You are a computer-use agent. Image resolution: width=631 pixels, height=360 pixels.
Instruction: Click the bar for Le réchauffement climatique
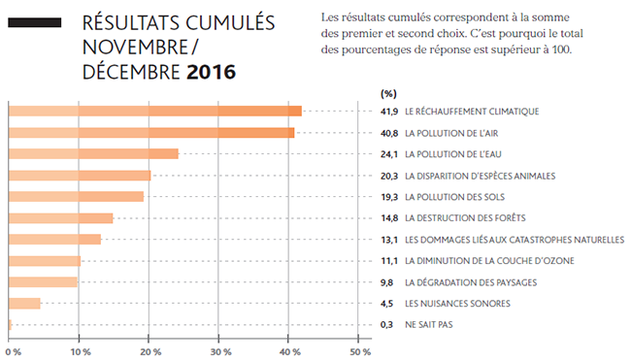pos(155,111)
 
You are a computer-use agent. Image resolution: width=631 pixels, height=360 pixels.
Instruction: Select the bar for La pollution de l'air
pos(151,133)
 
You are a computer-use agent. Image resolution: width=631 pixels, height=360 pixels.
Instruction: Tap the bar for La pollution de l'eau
pos(93,153)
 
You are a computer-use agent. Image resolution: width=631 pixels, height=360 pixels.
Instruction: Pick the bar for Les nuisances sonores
pos(24,304)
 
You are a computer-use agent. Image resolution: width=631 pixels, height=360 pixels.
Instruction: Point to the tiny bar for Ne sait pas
pos(10,325)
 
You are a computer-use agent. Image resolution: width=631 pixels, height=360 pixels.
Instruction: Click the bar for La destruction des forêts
pos(61,218)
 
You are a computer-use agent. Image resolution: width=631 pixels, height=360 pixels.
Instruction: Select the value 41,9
pos(389,112)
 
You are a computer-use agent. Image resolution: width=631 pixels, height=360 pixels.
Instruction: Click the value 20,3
pos(389,176)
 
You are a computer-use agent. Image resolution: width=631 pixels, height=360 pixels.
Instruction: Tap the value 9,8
pos(386,282)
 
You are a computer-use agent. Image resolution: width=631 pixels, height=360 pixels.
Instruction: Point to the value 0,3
pos(386,325)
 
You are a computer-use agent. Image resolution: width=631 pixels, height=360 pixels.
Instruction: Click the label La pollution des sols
pos(454,197)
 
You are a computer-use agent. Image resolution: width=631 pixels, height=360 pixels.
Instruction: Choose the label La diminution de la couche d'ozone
pos(489,261)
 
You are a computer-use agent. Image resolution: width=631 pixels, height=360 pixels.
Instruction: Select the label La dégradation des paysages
pos(471,282)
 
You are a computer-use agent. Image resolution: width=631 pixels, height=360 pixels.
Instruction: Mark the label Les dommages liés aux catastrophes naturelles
pos(515,240)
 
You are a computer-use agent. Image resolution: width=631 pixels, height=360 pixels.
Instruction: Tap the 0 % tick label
pos(14,352)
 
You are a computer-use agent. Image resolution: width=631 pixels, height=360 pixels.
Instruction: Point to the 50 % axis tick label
pos(360,352)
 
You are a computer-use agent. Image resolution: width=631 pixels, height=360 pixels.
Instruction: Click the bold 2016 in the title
pos(211,72)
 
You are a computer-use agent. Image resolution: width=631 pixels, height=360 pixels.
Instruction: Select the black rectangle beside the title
pos(35,22)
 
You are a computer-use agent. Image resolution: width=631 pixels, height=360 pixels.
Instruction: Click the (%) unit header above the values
pos(388,94)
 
